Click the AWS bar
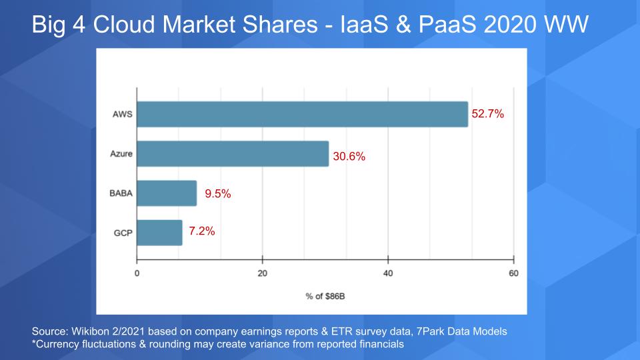302,114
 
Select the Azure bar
233,153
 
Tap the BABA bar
167,193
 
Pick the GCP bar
159,232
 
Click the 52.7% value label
488,114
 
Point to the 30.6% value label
349,157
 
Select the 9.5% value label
217,194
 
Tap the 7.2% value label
202,232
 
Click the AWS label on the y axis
123,114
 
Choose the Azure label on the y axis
121,154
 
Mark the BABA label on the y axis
121,194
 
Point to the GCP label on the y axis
123,233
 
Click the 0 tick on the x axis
137,273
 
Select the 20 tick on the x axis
263,273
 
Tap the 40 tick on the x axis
388,273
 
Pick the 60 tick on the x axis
513,273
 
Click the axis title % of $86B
325,296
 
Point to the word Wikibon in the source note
89,331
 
